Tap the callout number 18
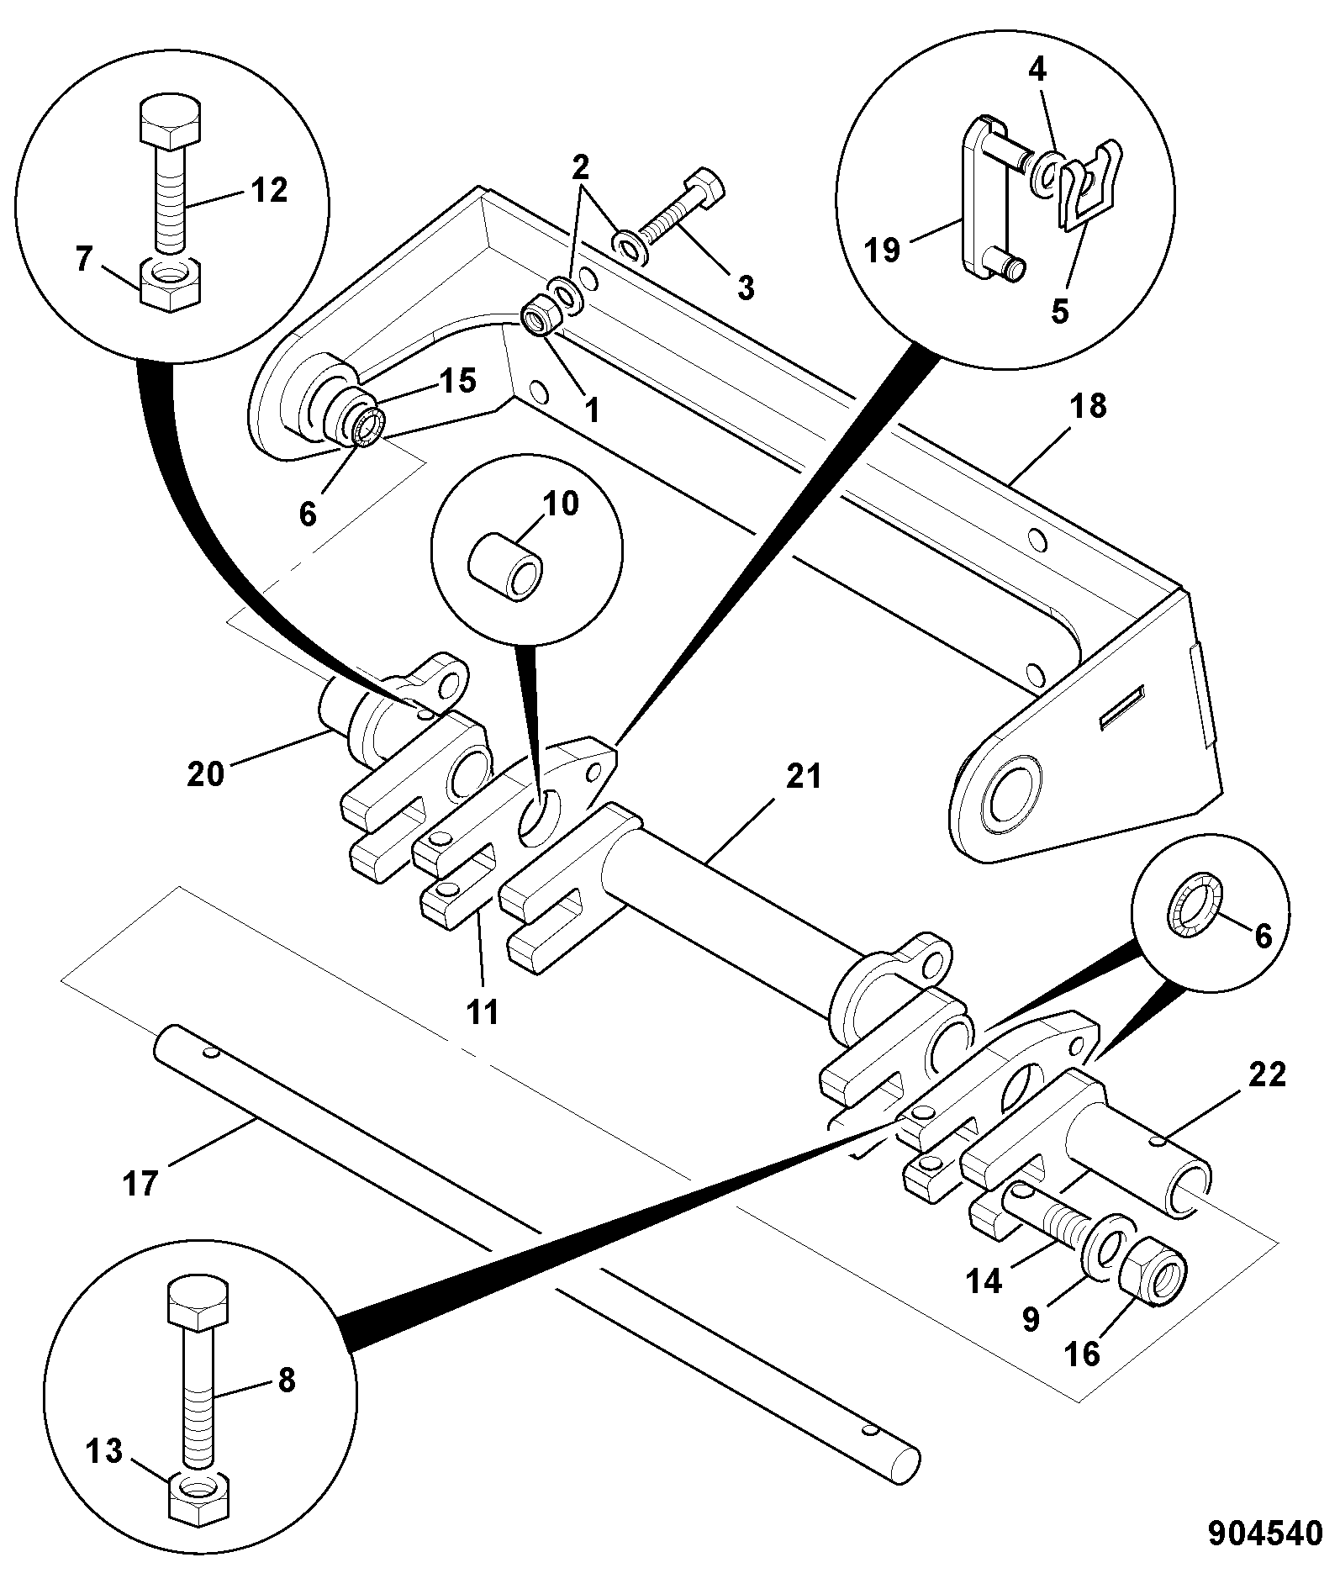(x=1087, y=407)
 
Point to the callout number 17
(x=140, y=1184)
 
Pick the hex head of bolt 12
(x=170, y=122)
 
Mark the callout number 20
(x=206, y=772)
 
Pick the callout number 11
(x=483, y=1011)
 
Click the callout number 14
(x=985, y=1281)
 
